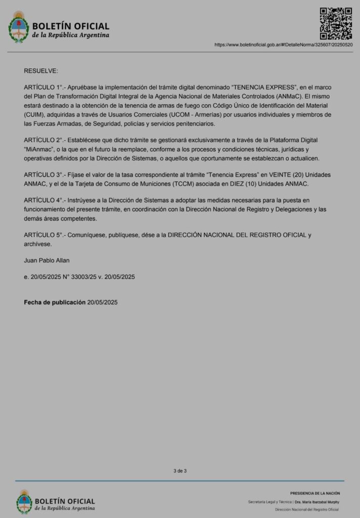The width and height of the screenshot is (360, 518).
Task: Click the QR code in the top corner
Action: pyautogui.click(x=336, y=23)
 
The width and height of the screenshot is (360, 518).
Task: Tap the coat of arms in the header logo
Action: pyautogui.click(x=19, y=27)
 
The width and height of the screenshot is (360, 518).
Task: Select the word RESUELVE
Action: pyautogui.click(x=41, y=70)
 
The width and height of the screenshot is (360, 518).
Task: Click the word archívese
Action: pyautogui.click(x=37, y=244)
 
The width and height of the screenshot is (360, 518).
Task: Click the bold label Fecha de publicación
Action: pyautogui.click(x=55, y=303)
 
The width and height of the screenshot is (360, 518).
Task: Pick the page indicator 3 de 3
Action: pyautogui.click(x=180, y=471)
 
